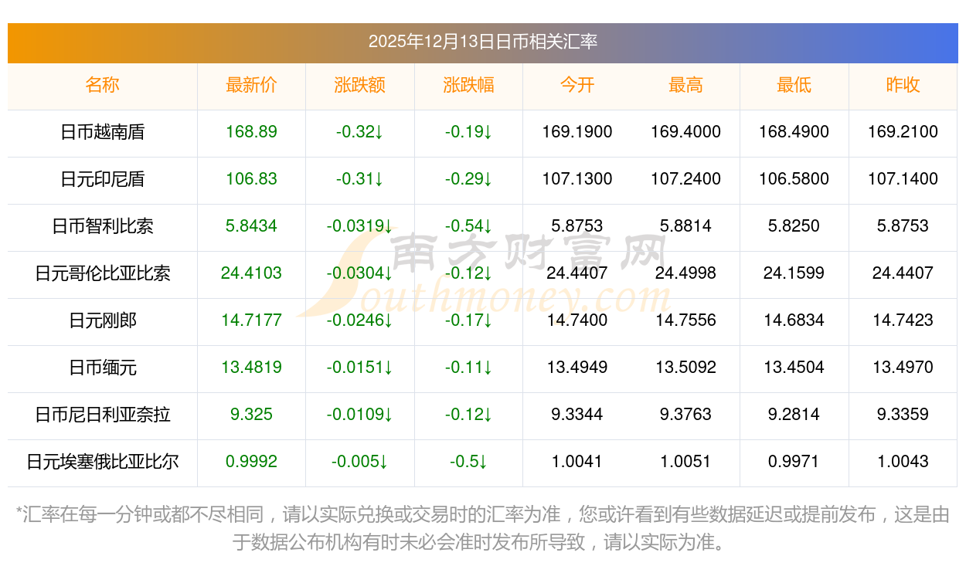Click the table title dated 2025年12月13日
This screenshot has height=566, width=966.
pyautogui.click(x=482, y=42)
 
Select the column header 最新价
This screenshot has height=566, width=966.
pyautogui.click(x=251, y=85)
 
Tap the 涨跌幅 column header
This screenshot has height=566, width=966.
pyautogui.click(x=468, y=85)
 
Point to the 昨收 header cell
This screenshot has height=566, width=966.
pyautogui.click(x=903, y=85)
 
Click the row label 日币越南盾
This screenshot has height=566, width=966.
pyautogui.click(x=102, y=132)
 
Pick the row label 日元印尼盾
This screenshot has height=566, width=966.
pyautogui.click(x=102, y=179)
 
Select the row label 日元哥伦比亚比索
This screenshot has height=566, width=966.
pyautogui.click(x=102, y=273)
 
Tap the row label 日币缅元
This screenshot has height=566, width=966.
pyautogui.click(x=102, y=368)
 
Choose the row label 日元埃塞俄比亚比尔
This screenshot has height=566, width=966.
pyautogui.click(x=102, y=462)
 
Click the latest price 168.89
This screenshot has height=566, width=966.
pyautogui.click(x=251, y=132)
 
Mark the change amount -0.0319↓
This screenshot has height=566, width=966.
pyautogui.click(x=359, y=226)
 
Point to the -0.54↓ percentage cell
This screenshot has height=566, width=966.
pyautogui.click(x=468, y=226)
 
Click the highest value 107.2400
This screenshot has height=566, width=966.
pyautogui.click(x=685, y=179)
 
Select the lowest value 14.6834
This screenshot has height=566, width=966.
pyautogui.click(x=794, y=320)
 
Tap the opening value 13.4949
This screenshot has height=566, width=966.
pyautogui.click(x=577, y=368)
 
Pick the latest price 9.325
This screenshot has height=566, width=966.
pyautogui.click(x=251, y=415)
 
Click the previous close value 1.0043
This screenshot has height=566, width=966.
pyautogui.click(x=903, y=462)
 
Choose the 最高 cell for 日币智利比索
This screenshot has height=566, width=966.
pyautogui.click(x=685, y=226)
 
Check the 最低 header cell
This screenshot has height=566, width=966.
pyautogui.click(x=794, y=85)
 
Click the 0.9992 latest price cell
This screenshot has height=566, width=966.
pyautogui.click(x=251, y=462)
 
